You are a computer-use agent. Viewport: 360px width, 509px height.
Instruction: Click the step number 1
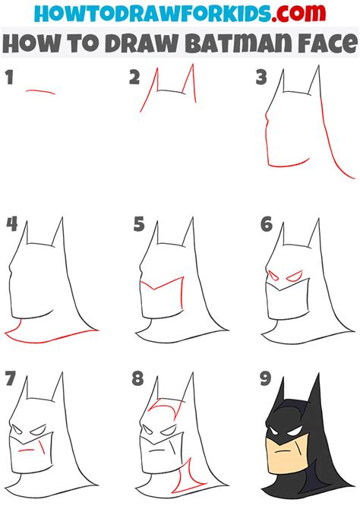pyautogui.click(x=9, y=77)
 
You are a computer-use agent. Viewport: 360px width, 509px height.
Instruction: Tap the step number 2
pyautogui.click(x=134, y=77)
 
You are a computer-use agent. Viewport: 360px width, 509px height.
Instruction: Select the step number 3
pyautogui.click(x=261, y=77)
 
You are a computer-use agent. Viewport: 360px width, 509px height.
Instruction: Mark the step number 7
pyautogui.click(x=11, y=377)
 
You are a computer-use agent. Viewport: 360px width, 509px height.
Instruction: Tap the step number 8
pyautogui.click(x=138, y=377)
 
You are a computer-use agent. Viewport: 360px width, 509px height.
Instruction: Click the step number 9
pyautogui.click(x=265, y=377)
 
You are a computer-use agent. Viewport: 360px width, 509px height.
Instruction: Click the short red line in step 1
pyautogui.click(x=40, y=92)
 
